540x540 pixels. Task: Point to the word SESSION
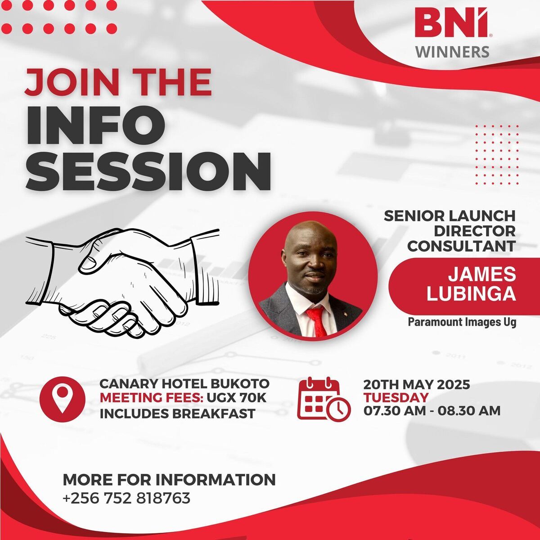(x=149, y=171)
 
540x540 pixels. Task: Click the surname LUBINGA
(x=471, y=294)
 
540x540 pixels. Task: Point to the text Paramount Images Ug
(x=462, y=322)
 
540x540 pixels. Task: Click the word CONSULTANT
(x=461, y=246)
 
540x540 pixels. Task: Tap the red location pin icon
(x=62, y=399)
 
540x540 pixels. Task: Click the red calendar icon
(x=324, y=399)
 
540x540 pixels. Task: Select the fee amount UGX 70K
(x=236, y=398)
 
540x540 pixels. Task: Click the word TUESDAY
(x=396, y=398)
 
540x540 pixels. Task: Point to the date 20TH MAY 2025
(x=417, y=384)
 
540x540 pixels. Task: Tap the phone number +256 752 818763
(x=126, y=498)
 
